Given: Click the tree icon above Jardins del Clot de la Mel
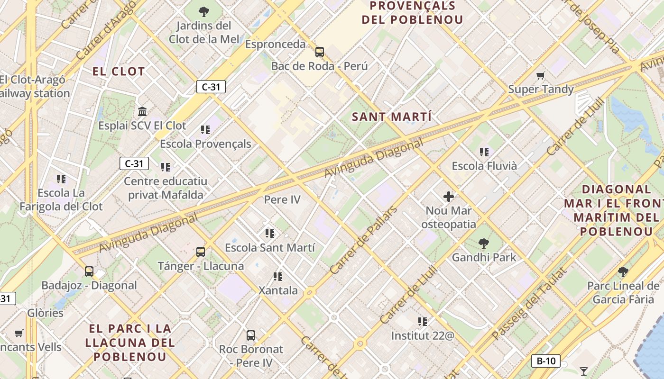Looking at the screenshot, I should pyautogui.click(x=204, y=11).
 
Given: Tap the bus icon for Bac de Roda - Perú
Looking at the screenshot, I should pyautogui.click(x=320, y=52).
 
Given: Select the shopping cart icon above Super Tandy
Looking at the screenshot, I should pyautogui.click(x=540, y=75).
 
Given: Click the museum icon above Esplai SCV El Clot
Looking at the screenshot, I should pyautogui.click(x=142, y=112).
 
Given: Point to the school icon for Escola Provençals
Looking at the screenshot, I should pyautogui.click(x=205, y=129).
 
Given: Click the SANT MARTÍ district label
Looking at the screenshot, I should pyautogui.click(x=392, y=117).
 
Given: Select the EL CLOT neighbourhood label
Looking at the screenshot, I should pyautogui.click(x=119, y=72).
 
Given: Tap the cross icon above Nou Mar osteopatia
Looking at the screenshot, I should pyautogui.click(x=449, y=196).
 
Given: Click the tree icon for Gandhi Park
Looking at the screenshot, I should pyautogui.click(x=484, y=244).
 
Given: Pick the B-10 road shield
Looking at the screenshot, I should pyautogui.click(x=545, y=361).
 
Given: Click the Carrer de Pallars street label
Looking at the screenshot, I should pyautogui.click(x=363, y=240).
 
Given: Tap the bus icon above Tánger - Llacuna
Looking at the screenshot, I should pyautogui.click(x=201, y=252).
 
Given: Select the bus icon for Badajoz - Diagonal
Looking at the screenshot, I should pyautogui.click(x=89, y=271).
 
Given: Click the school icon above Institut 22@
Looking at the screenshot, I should pyautogui.click(x=423, y=322).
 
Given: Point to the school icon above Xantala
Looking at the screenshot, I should pyautogui.click(x=278, y=276).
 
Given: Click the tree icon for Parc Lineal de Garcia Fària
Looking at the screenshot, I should pyautogui.click(x=623, y=272).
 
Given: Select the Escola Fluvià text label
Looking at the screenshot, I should pyautogui.click(x=484, y=166).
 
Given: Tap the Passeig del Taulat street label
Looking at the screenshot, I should pyautogui.click(x=529, y=304).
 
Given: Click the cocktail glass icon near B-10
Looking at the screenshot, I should pyautogui.click(x=584, y=371).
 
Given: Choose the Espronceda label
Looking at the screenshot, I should pyautogui.click(x=276, y=44).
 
